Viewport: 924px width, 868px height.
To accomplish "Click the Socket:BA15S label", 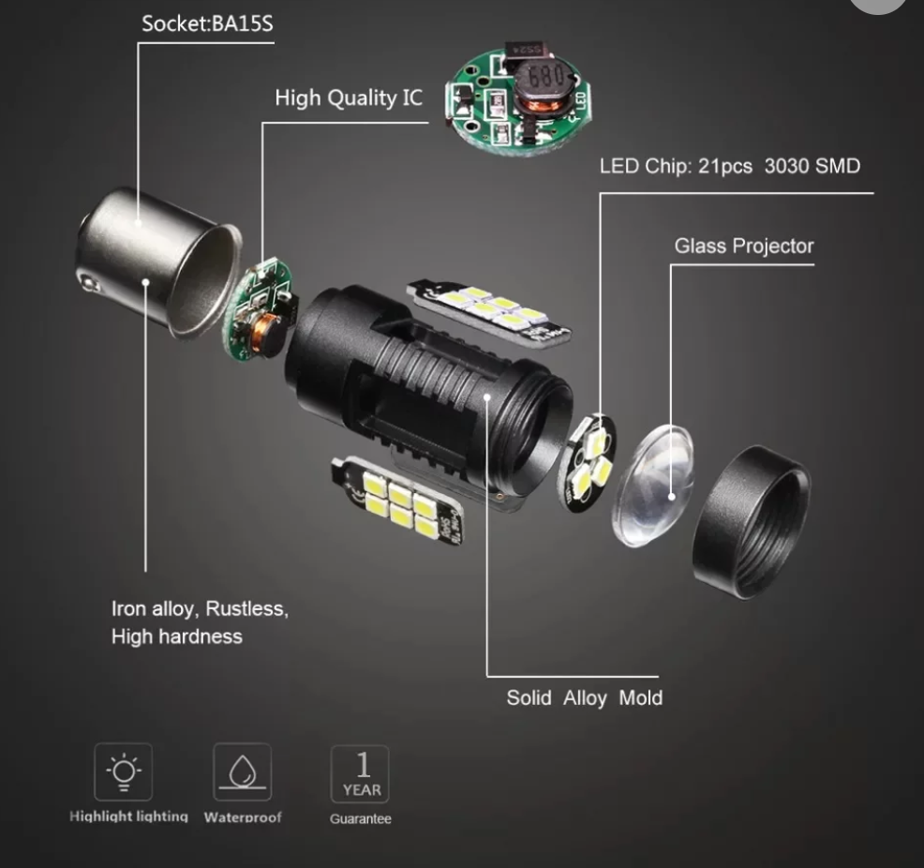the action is (x=207, y=23).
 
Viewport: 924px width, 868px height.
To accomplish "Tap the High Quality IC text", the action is (x=349, y=97).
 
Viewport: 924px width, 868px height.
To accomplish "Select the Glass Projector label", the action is (x=744, y=246).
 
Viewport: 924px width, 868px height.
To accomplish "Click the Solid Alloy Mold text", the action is (x=585, y=697).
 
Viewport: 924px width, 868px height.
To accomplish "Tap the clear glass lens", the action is (x=653, y=486).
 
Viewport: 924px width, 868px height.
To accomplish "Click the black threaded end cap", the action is (x=752, y=522).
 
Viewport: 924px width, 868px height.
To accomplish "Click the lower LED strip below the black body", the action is (x=397, y=501).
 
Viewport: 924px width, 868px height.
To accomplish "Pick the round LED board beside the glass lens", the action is (x=587, y=462).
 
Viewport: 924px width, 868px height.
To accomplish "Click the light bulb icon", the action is (x=123, y=771).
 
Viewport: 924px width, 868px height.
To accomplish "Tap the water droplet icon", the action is (x=242, y=771).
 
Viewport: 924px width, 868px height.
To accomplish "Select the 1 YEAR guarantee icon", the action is (x=360, y=773).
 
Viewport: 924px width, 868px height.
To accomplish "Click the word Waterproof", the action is (x=243, y=817).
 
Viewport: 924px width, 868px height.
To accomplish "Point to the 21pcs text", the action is (x=725, y=166).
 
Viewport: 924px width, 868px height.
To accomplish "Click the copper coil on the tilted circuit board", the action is (x=266, y=334).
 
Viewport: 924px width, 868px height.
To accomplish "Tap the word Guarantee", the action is (x=360, y=818).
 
